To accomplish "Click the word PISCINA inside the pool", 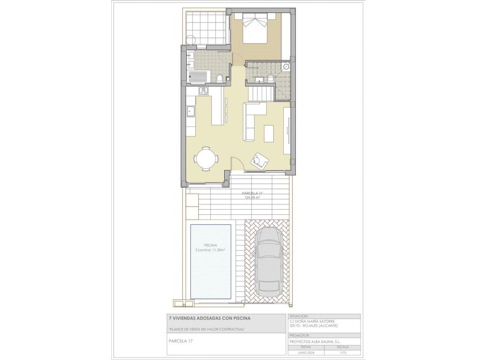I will click(210, 245).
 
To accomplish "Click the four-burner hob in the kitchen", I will click(204, 91).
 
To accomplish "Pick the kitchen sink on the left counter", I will click(191, 111).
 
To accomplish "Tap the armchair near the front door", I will click(259, 161).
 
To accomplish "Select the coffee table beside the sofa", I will click(269, 134).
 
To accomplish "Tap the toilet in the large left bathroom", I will click(220, 78).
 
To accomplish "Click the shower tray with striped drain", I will click(199, 77).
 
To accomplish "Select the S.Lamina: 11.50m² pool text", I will click(210, 250).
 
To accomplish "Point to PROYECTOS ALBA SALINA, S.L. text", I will click(315, 342).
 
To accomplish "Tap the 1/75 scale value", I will click(344, 353).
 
